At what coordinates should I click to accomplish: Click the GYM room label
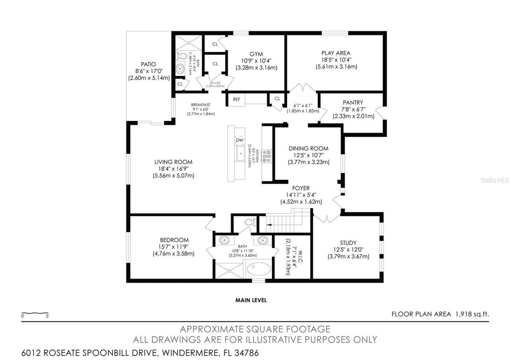(256, 54)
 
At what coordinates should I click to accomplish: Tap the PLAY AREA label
(336, 53)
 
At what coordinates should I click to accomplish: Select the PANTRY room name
(353, 103)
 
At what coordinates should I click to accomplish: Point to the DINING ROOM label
(308, 149)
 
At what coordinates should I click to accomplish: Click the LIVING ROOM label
(173, 162)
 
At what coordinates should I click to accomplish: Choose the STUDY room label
(348, 243)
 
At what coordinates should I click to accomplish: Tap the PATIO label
(148, 64)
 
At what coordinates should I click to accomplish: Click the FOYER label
(301, 188)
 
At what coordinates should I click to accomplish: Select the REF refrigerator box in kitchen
(237, 99)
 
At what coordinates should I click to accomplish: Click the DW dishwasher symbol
(239, 140)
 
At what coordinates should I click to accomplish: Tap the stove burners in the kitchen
(266, 156)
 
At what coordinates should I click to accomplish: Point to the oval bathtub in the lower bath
(259, 270)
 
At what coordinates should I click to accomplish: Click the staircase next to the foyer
(284, 224)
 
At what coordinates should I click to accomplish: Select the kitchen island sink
(240, 154)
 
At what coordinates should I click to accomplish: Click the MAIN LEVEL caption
(251, 300)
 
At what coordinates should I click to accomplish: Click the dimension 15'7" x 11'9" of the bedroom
(174, 247)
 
